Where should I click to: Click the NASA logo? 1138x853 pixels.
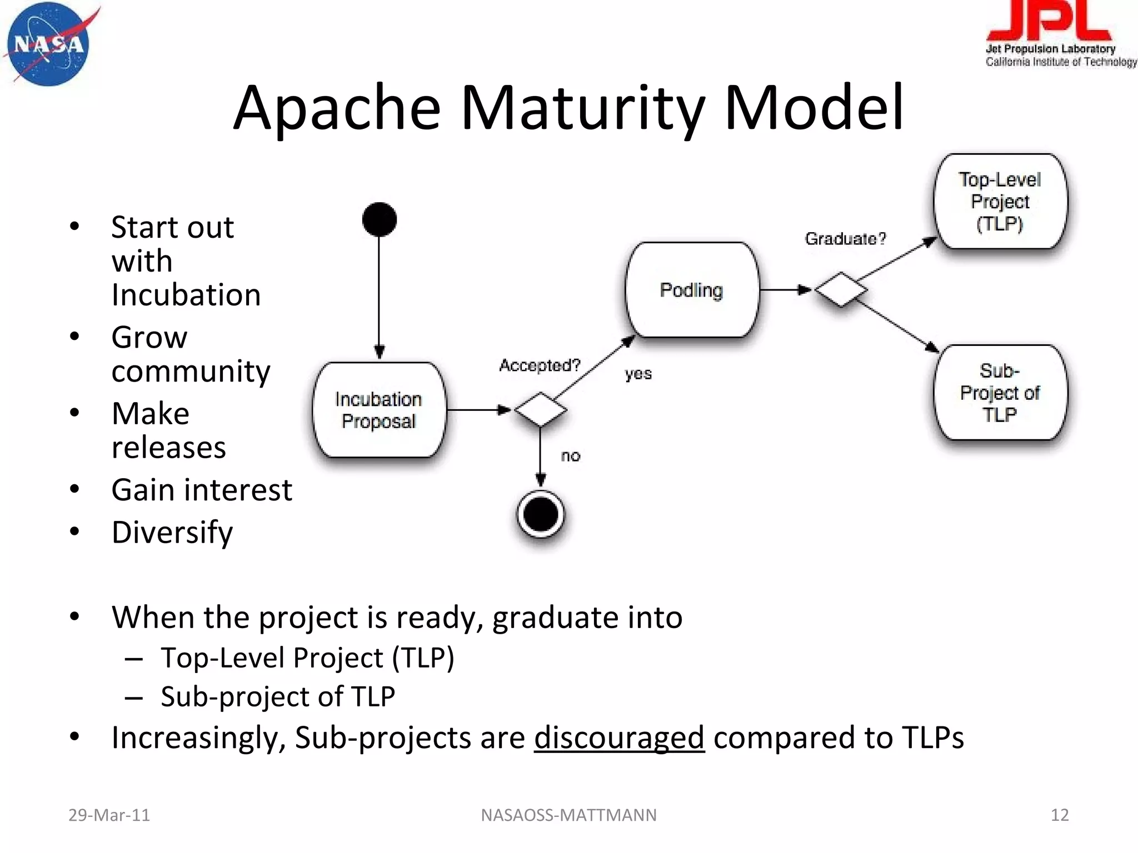49,44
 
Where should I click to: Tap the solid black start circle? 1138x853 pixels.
379,219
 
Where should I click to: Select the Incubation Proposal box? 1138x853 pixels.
379,410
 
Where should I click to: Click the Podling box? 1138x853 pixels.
691,290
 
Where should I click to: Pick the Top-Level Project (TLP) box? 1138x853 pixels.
1000,202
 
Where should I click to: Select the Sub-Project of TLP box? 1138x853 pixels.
1000,393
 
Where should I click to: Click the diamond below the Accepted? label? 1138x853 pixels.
540,410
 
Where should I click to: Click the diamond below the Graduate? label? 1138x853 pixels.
841,289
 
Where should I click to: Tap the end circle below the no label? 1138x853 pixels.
540,514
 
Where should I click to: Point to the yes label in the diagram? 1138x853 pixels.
638,374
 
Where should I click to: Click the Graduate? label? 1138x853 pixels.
845,239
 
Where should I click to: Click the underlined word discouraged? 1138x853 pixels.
619,737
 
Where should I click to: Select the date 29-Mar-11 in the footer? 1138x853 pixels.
109,815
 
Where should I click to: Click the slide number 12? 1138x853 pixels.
1060,815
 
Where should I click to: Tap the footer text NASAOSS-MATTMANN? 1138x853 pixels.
568,815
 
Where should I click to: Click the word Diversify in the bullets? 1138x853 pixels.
172,533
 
